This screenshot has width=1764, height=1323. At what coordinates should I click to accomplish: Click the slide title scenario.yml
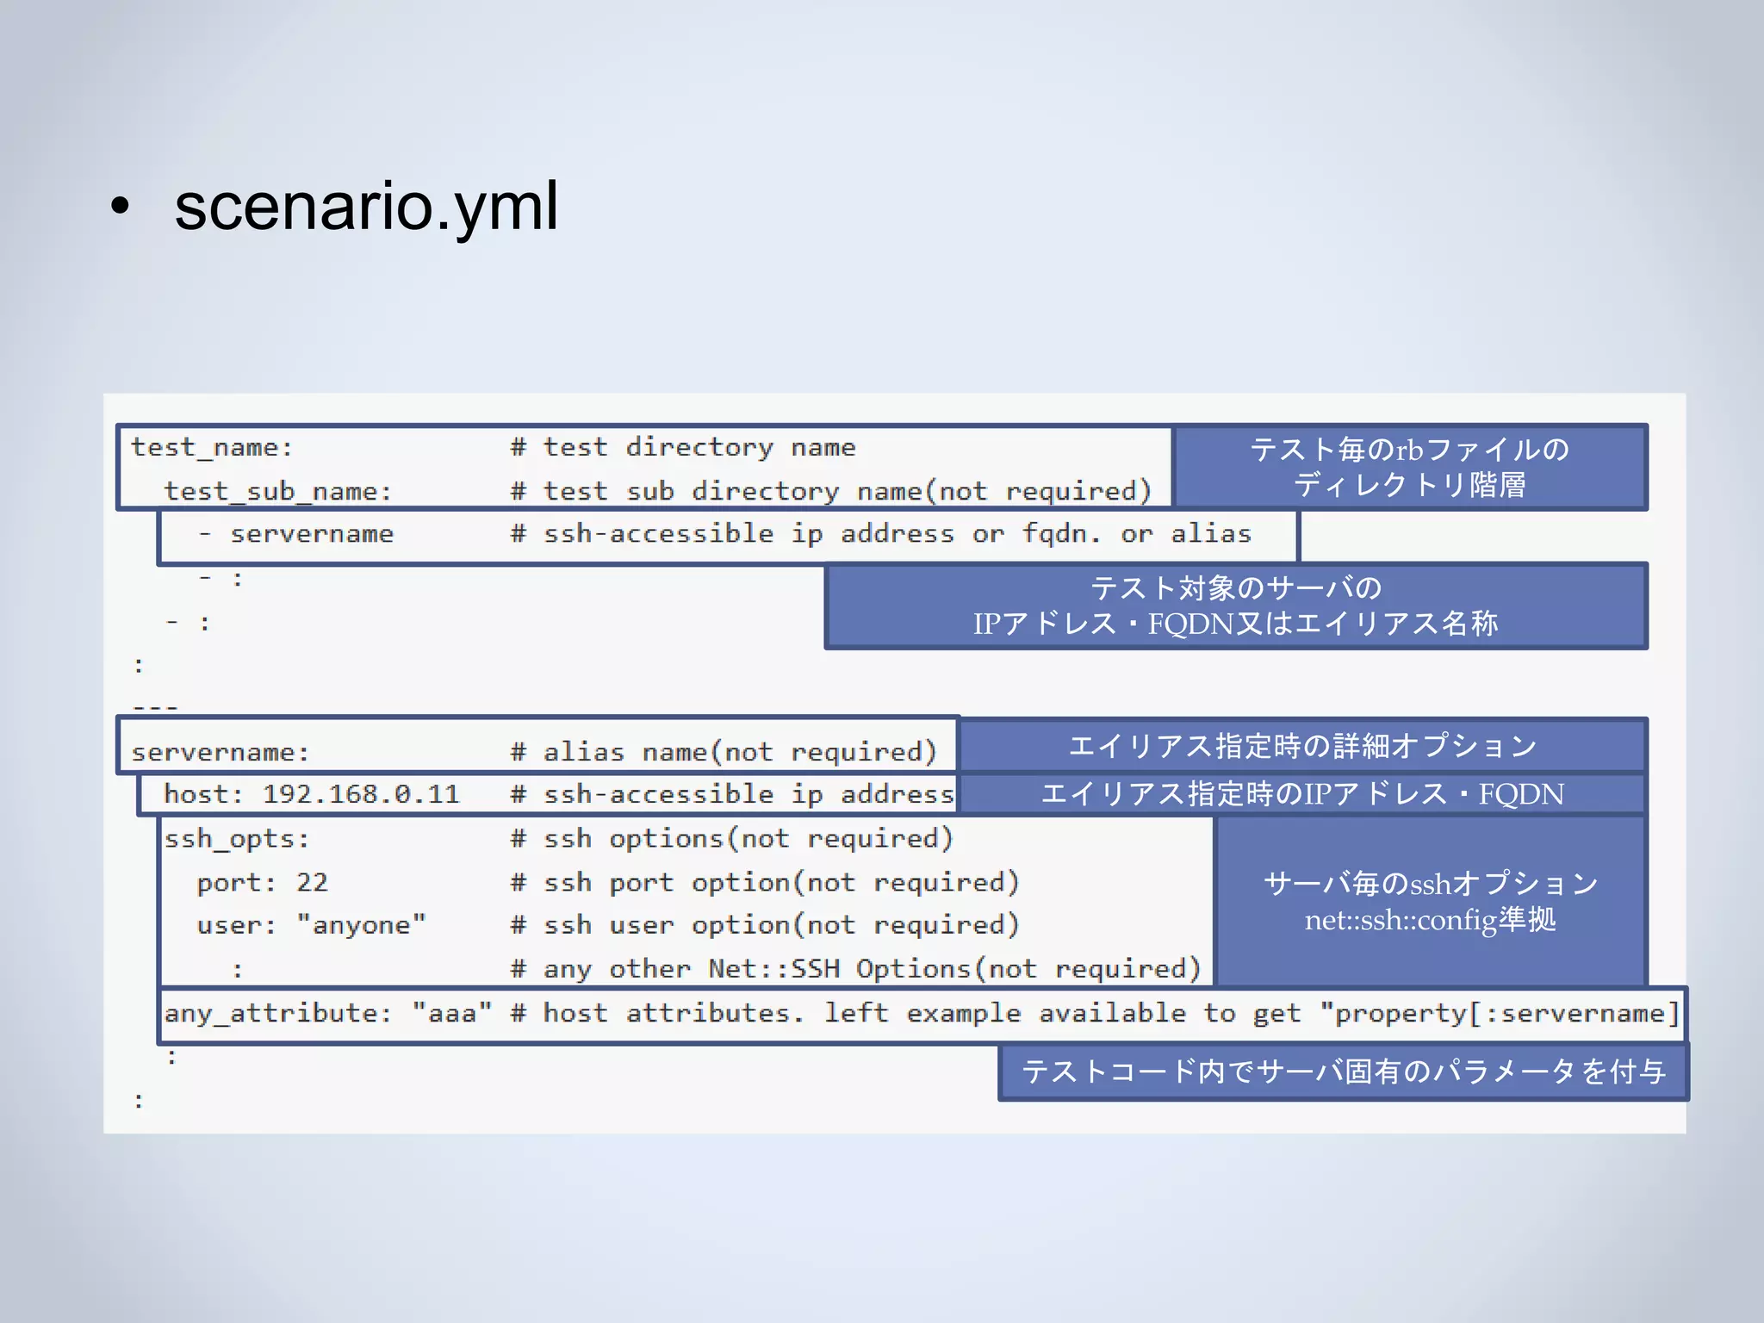click(x=366, y=207)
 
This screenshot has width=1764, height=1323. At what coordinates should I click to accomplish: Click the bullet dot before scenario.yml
click(x=120, y=207)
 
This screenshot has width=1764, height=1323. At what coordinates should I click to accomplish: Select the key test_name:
click(x=212, y=448)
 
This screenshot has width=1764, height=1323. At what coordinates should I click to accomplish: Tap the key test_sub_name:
click(x=277, y=492)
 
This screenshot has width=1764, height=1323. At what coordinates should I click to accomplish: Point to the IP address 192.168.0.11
click(x=361, y=794)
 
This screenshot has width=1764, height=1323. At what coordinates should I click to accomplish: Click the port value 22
click(x=312, y=883)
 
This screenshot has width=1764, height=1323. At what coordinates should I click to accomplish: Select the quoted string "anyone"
click(x=361, y=926)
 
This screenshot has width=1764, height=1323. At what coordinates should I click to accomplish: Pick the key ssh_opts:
click(x=236, y=839)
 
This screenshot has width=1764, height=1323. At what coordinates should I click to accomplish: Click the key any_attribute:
click(x=277, y=1014)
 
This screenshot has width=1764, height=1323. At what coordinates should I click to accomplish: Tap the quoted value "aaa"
click(x=451, y=1014)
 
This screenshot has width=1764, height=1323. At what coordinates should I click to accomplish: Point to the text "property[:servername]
click(x=1499, y=1014)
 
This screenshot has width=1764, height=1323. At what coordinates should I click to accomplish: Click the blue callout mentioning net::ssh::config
click(x=1430, y=901)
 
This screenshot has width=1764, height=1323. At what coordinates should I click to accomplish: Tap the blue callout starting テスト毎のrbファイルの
click(x=1410, y=467)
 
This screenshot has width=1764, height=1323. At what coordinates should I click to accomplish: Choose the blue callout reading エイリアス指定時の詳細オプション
click(x=1302, y=746)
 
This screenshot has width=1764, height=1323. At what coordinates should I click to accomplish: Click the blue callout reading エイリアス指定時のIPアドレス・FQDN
click(x=1302, y=794)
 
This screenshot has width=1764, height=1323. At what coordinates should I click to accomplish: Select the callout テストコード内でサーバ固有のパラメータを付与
click(x=1343, y=1071)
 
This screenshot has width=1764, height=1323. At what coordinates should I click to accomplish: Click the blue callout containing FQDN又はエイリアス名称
click(x=1235, y=606)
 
